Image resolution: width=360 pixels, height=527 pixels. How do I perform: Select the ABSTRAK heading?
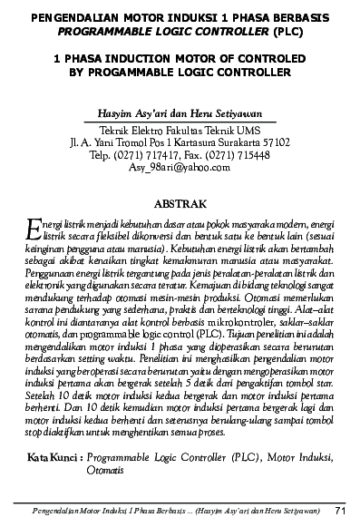(180, 202)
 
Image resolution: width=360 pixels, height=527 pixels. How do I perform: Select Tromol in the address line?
(136, 142)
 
